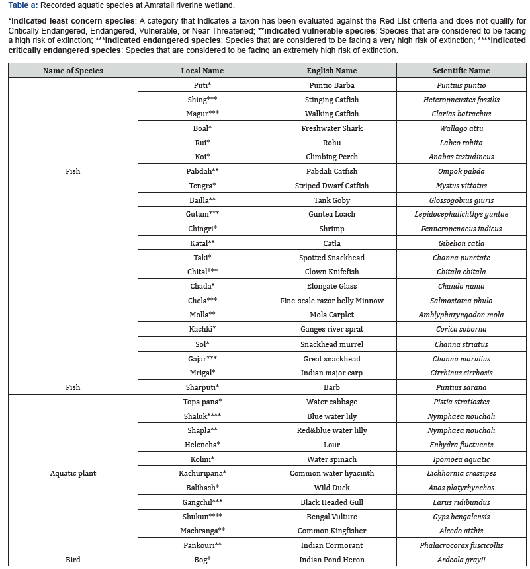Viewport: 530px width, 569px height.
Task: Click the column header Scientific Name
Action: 461,71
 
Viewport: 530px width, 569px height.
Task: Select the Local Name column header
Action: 202,71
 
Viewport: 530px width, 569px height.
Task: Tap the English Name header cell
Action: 331,71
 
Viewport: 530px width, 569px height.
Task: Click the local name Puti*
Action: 202,85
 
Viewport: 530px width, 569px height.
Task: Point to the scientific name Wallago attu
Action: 461,128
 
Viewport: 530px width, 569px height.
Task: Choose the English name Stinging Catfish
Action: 331,100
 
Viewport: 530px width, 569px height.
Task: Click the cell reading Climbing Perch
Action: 331,157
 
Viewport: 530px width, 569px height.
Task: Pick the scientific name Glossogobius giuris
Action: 461,200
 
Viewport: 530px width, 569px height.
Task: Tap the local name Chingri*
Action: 202,229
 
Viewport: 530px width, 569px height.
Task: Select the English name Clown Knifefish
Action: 331,272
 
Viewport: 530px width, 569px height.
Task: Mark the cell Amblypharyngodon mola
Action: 461,315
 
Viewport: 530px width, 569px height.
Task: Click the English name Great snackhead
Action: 331,359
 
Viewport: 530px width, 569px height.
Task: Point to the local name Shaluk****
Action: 202,416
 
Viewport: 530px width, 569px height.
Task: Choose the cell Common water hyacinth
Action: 331,473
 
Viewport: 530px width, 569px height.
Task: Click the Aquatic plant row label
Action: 73,473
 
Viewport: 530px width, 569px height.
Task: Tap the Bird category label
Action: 73,560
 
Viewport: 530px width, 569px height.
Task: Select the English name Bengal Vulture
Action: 331,517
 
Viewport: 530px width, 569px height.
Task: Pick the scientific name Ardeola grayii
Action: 461,560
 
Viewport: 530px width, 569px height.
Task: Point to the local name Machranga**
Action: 202,531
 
